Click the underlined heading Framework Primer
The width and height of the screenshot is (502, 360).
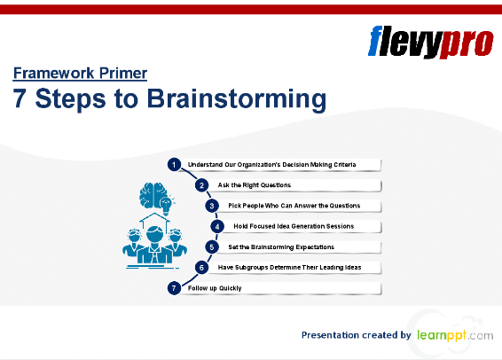click(80, 74)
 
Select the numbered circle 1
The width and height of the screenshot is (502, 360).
click(175, 164)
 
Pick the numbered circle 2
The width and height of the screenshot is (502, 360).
click(202, 184)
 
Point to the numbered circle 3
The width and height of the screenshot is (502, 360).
click(212, 206)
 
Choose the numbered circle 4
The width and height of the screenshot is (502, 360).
click(216, 226)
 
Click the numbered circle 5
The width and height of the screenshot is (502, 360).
click(212, 247)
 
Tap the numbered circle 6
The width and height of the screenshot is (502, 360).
click(202, 267)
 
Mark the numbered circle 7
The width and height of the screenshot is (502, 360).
click(175, 288)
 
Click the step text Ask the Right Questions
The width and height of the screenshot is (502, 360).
click(255, 185)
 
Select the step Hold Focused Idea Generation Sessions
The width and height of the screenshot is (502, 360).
click(287, 226)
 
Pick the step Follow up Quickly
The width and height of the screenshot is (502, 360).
click(215, 288)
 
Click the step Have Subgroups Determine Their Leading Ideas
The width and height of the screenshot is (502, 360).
click(289, 267)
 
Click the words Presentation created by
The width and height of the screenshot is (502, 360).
click(356, 335)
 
